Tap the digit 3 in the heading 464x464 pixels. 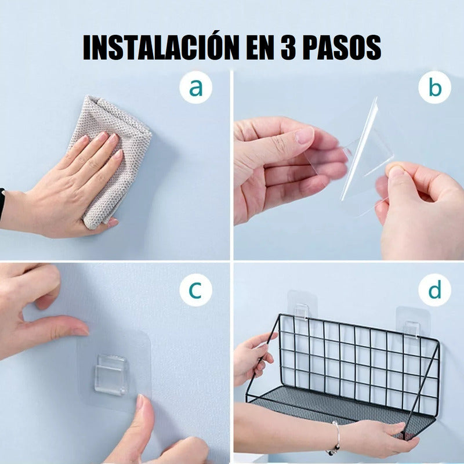[x=288, y=48]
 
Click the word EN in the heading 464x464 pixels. [x=260, y=48]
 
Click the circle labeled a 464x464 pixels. [x=195, y=88]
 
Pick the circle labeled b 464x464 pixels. [x=434, y=88]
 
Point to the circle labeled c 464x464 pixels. [x=195, y=290]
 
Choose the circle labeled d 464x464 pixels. [x=434, y=290]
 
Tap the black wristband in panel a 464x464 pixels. [x=2, y=204]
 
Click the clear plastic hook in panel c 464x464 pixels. [x=111, y=375]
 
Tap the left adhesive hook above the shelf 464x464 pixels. [x=302, y=306]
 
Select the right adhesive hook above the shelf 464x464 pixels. [x=411, y=322]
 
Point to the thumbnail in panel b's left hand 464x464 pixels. [x=304, y=136]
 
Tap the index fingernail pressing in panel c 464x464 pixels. [x=80, y=331]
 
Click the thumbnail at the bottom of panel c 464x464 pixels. [x=139, y=401]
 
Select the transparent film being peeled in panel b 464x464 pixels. [x=360, y=154]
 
